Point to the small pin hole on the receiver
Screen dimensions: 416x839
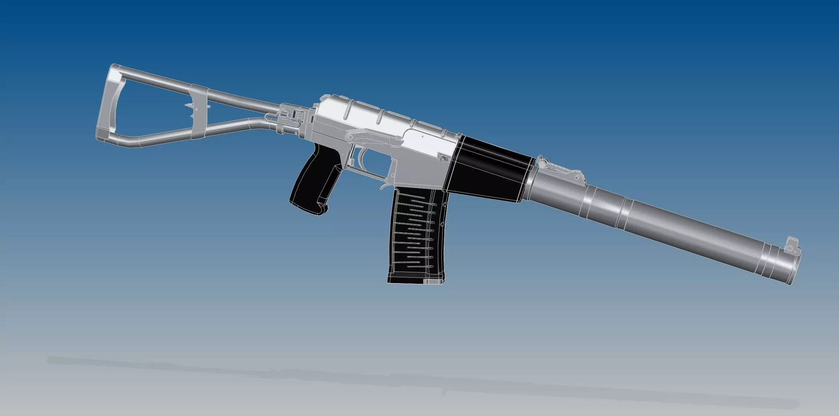422,137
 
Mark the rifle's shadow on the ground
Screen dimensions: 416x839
396,378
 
